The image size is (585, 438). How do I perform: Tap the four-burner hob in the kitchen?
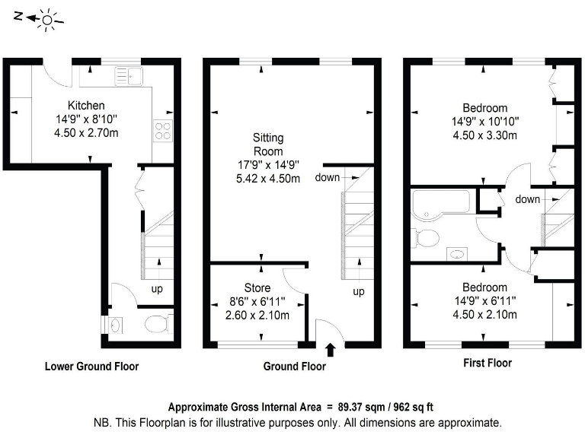[163, 131]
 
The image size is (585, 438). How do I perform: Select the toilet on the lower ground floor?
[155, 325]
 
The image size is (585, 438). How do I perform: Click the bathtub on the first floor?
[439, 205]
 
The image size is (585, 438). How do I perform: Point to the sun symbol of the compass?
[48, 19]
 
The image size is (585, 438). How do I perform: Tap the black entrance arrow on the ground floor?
[330, 350]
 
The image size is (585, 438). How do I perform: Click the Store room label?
[257, 287]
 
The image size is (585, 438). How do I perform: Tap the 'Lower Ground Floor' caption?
[91, 367]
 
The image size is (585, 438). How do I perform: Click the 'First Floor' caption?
[487, 363]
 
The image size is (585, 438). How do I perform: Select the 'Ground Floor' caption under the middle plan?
[294, 367]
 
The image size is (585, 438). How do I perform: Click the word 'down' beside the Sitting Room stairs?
[327, 178]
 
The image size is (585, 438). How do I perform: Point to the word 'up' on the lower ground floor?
[157, 289]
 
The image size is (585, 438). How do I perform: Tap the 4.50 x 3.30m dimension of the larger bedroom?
[484, 136]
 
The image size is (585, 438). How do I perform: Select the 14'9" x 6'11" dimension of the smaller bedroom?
[484, 301]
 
